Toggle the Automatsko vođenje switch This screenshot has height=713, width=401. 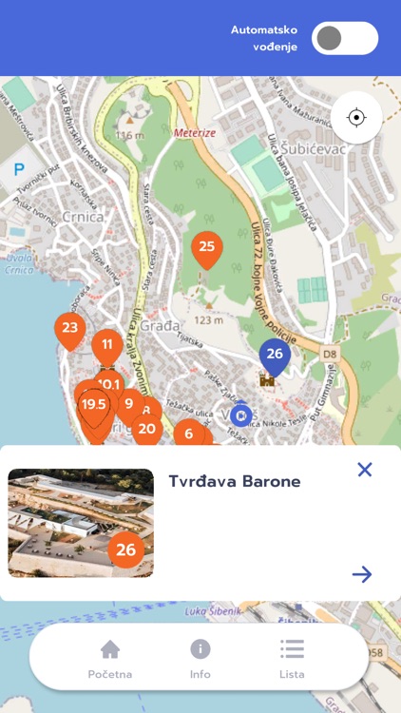click(x=344, y=38)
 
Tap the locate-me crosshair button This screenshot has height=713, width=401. click(x=356, y=118)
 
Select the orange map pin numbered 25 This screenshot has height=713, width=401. click(x=207, y=248)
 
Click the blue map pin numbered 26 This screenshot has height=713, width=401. click(x=275, y=355)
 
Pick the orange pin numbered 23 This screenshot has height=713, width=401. click(x=69, y=329)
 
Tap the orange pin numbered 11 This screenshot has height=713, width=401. click(x=107, y=345)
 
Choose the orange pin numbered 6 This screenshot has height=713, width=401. click(x=188, y=434)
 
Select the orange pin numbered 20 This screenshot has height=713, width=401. click(x=146, y=429)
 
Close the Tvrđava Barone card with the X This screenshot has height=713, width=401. click(x=364, y=469)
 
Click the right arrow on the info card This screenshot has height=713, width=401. click(x=361, y=573)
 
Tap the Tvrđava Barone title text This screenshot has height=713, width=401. click(x=235, y=481)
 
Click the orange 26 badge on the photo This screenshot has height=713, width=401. click(x=125, y=549)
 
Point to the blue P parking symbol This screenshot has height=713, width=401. click(x=19, y=170)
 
